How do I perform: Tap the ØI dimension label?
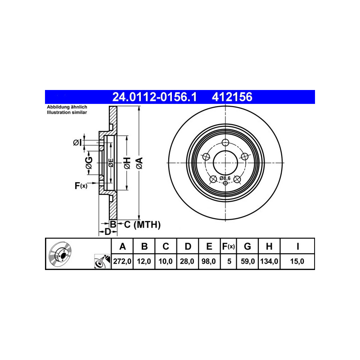(77, 143)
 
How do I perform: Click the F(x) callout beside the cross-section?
(81, 185)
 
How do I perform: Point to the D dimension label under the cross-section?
(108, 232)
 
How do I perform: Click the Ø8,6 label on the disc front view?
(225, 178)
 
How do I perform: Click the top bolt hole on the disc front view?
(225, 144)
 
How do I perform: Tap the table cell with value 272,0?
(122, 261)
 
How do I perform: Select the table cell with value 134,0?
(269, 261)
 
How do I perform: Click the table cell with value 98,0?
(209, 261)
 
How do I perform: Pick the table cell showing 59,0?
(247, 261)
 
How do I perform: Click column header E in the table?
(209, 246)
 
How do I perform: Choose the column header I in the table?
(297, 246)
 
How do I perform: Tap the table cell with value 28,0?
(188, 261)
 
